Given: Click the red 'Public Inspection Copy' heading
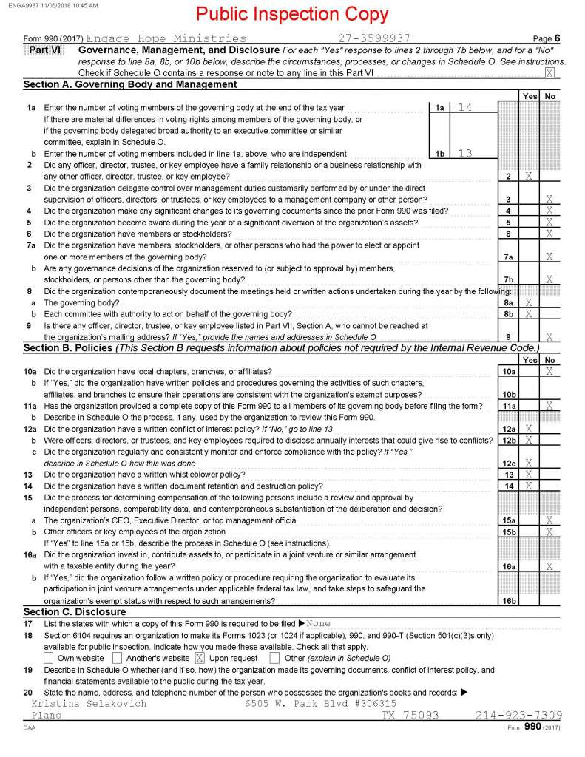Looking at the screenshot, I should pyautogui.click(x=293, y=15).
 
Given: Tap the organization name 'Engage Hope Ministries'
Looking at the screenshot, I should pyautogui.click(x=166, y=38).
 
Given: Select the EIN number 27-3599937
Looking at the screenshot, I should pyautogui.click(x=373, y=38).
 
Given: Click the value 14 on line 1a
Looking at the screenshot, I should pyautogui.click(x=464, y=108).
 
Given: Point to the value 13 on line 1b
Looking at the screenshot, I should pyautogui.click(x=464, y=154).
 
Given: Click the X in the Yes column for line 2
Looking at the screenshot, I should pyautogui.click(x=528, y=177).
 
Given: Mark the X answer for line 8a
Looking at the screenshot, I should pyautogui.click(x=528, y=302).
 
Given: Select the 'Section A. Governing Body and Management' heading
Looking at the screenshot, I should pyautogui.click(x=130, y=84).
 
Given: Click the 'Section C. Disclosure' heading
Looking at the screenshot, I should pyautogui.click(x=75, y=611).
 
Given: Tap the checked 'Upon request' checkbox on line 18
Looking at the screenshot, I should pyautogui.click(x=199, y=657).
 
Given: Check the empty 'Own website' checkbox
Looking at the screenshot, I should pyautogui.click(x=49, y=657).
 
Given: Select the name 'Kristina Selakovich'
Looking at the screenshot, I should pyautogui.click(x=89, y=704).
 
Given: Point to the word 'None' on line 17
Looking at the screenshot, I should pyautogui.click(x=319, y=623).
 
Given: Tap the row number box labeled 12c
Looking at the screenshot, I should pyautogui.click(x=508, y=463).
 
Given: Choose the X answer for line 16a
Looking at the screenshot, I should pyautogui.click(x=549, y=566).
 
